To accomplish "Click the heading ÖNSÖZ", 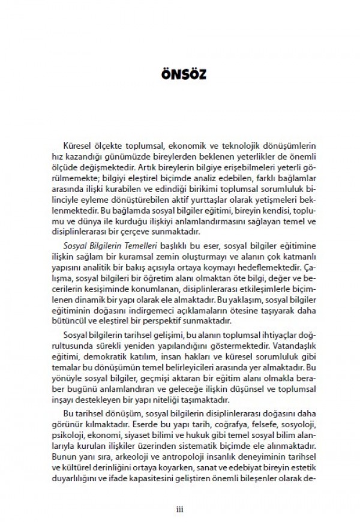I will [x=179, y=77].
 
